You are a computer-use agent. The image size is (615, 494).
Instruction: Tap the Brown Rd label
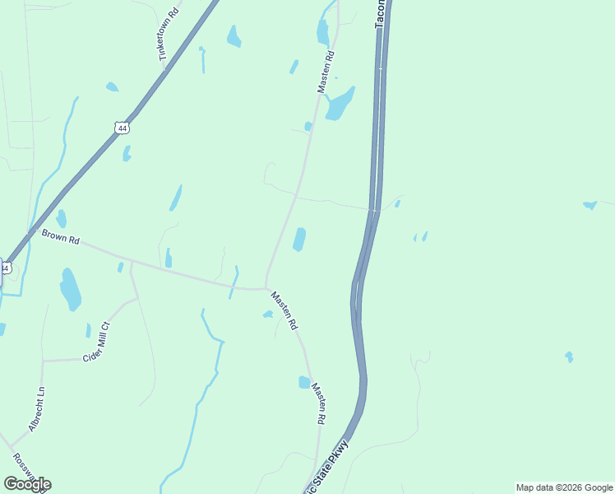(62, 239)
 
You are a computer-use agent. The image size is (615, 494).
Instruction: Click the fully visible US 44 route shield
(122, 128)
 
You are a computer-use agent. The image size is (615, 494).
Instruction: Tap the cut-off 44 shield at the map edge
(4, 268)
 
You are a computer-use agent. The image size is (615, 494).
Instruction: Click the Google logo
(27, 484)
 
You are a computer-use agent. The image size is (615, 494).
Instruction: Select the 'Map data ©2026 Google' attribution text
(564, 487)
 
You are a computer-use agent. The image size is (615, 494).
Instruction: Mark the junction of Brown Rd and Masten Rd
(266, 288)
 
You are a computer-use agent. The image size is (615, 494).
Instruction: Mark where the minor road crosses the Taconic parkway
(374, 209)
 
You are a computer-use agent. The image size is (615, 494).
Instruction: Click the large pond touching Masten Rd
(339, 105)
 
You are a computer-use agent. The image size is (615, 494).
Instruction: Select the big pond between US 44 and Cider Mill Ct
(71, 289)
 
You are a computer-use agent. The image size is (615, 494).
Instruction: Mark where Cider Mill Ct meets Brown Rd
(132, 263)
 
